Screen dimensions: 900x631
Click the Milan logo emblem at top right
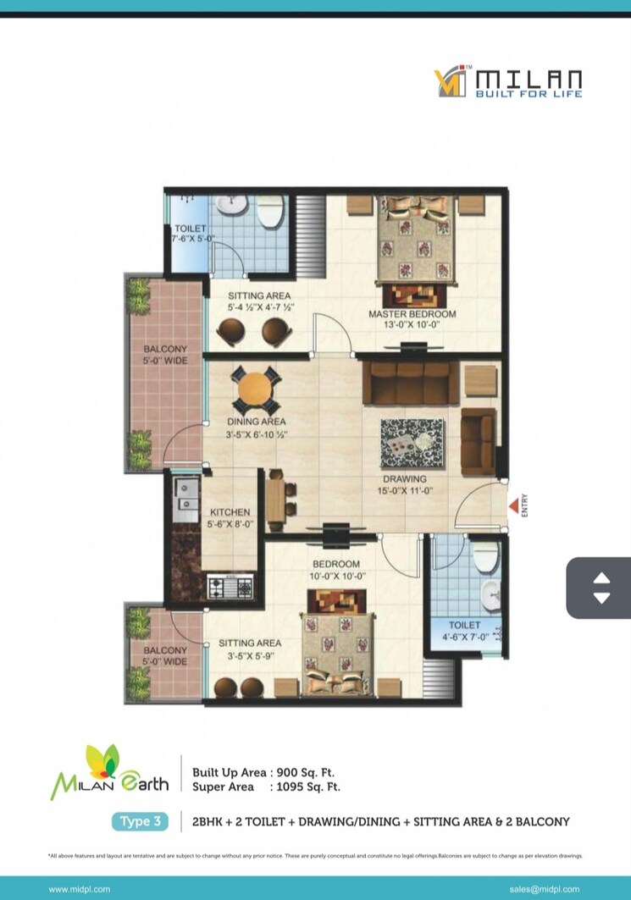450,82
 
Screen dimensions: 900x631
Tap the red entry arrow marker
512,506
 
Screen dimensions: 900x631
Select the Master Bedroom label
412,314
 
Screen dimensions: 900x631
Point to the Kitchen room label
230,512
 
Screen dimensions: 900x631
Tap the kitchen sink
185,492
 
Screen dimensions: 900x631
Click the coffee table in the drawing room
412,443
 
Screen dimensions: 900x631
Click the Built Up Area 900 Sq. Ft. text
266,772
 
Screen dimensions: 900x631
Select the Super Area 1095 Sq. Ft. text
266,787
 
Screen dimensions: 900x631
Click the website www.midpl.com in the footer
80,889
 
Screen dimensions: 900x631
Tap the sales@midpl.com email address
545,889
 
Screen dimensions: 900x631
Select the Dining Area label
256,422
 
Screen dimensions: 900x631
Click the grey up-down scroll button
601,588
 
